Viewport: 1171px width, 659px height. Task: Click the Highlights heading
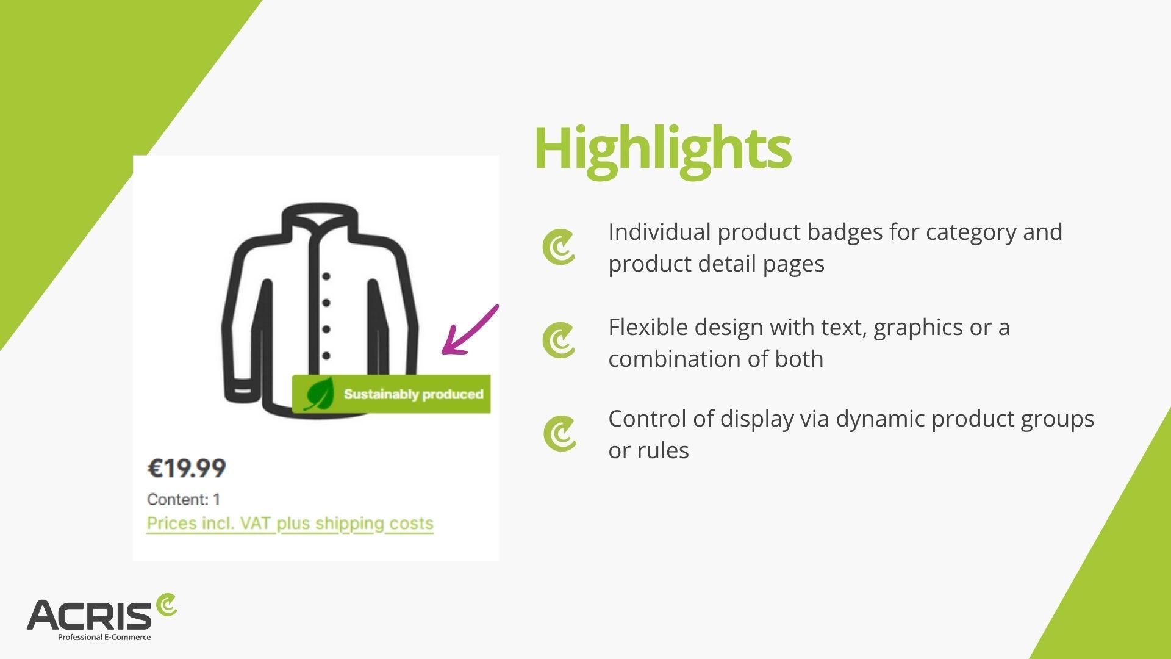[x=662, y=150]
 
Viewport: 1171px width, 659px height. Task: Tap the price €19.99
[x=187, y=468]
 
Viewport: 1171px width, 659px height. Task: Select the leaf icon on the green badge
[x=319, y=394]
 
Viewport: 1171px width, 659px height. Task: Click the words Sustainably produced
[x=414, y=394]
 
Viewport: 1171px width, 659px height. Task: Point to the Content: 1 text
[x=184, y=499]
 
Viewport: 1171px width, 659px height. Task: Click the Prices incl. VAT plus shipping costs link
[x=290, y=524]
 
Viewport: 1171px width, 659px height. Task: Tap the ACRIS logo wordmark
[x=89, y=614]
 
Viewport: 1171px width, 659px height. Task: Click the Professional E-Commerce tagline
[x=104, y=637]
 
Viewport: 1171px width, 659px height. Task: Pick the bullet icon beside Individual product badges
[x=558, y=247]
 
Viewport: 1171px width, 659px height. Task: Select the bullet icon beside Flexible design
[x=558, y=340]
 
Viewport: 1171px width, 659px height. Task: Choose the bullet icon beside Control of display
[x=558, y=434]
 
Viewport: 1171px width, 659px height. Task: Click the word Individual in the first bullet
[x=660, y=232]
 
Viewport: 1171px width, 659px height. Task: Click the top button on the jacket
[x=326, y=276]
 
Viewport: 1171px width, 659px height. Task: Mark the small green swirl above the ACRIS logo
[x=166, y=604]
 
